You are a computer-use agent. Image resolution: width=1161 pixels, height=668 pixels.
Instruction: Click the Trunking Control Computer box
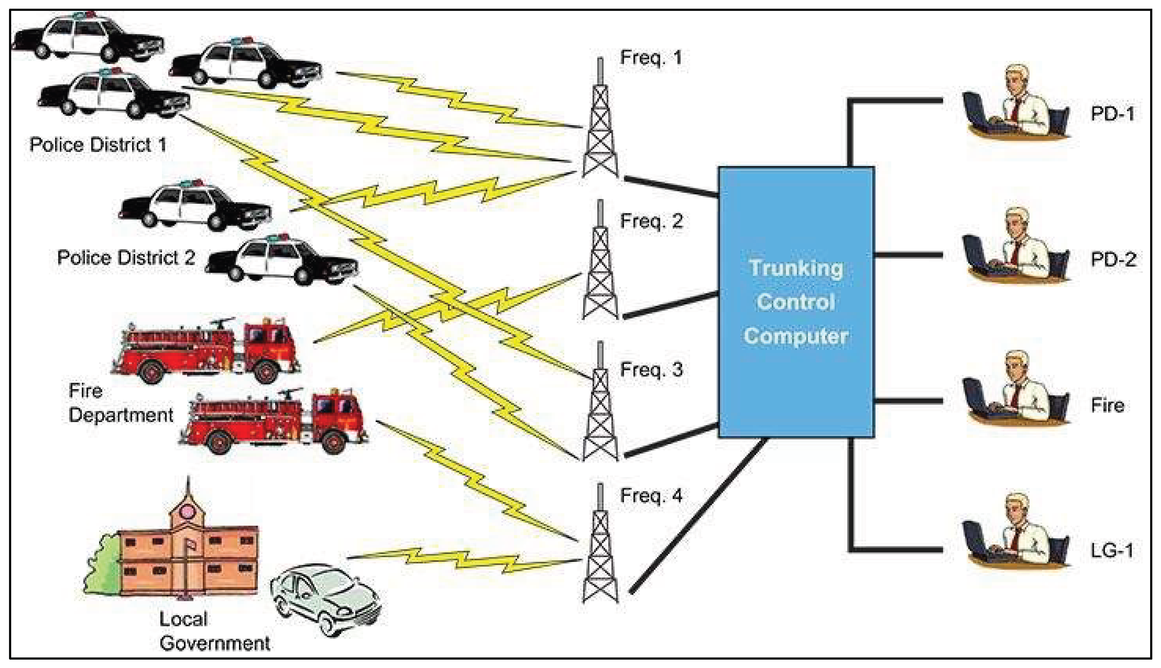[796, 302]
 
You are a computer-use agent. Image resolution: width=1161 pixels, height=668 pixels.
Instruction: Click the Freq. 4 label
[651, 496]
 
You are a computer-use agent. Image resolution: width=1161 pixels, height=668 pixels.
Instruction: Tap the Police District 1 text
[98, 145]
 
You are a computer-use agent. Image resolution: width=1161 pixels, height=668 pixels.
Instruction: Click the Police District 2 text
[126, 258]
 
